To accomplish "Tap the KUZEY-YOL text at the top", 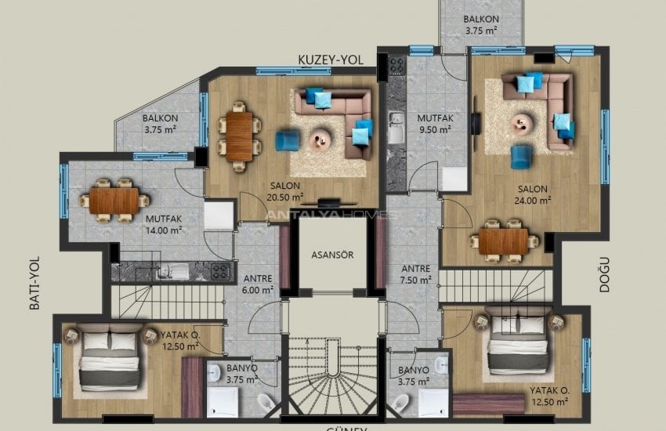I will (x=328, y=60).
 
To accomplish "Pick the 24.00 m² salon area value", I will (x=532, y=199).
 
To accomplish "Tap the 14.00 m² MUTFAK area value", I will (x=164, y=230).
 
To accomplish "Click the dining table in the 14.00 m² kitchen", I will (x=114, y=201).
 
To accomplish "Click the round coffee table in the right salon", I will (x=522, y=122).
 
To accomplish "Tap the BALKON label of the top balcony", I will (x=481, y=20).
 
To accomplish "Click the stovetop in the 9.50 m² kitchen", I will (x=396, y=63).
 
